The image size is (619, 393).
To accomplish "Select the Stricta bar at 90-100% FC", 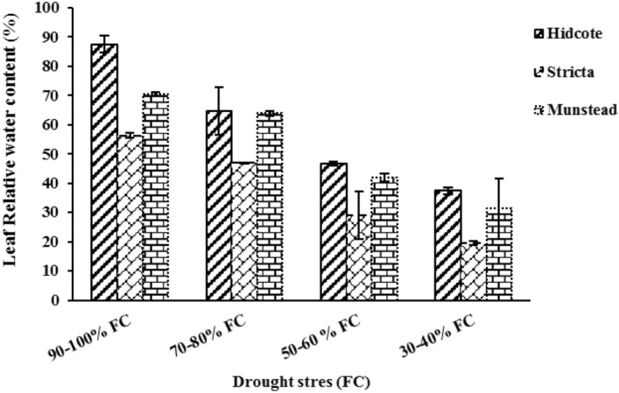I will (130, 218).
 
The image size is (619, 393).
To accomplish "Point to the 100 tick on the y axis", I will (60, 8).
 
